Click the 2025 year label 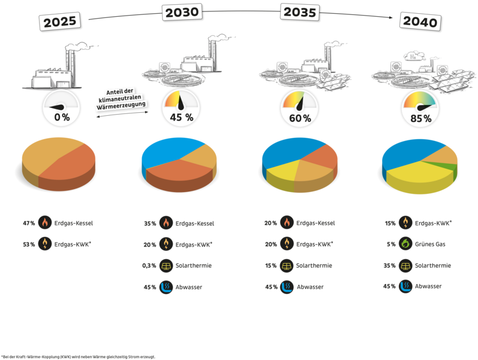pos(60,22)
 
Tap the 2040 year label pos(420,22)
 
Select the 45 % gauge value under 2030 pos(182,117)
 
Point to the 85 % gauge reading pos(421,118)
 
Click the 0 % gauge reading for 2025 pos(62,117)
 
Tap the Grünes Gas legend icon pos(405,244)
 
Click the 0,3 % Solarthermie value pos(149,266)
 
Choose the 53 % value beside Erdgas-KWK pos(29,244)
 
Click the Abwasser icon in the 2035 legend pos(287,287)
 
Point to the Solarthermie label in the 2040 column pos(433,265)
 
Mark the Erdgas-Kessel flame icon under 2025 pos(45,223)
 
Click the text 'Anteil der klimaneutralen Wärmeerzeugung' pos(121,99)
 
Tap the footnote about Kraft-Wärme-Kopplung pos(78,356)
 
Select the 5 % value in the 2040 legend pos(391,244)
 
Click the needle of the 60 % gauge pos(300,103)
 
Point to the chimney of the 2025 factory pos(70,68)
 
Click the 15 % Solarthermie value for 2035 pos(270,266)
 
